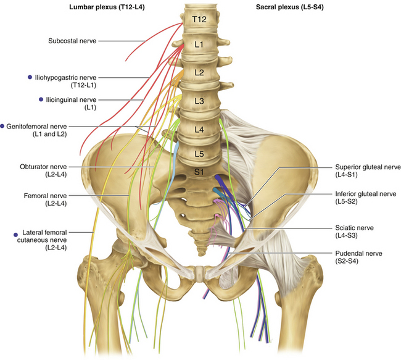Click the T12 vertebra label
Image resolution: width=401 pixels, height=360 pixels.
click(199, 20)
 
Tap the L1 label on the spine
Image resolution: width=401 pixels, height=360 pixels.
click(199, 46)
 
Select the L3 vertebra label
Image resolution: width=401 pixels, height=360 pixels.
click(199, 100)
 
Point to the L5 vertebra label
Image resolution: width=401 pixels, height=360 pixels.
click(199, 153)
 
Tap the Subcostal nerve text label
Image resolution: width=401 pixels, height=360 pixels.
click(72, 41)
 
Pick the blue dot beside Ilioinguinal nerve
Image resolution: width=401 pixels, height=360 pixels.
click(41, 99)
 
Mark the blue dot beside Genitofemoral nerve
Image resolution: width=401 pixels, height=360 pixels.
click(3, 125)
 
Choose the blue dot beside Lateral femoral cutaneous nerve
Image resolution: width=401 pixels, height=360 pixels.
click(15, 234)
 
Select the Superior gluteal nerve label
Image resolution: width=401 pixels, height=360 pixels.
click(368, 167)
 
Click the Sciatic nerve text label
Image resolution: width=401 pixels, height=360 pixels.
click(352, 227)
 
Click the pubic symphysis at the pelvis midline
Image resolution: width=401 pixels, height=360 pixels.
click(200, 272)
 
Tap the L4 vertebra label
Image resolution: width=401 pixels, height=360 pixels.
click(199, 129)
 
